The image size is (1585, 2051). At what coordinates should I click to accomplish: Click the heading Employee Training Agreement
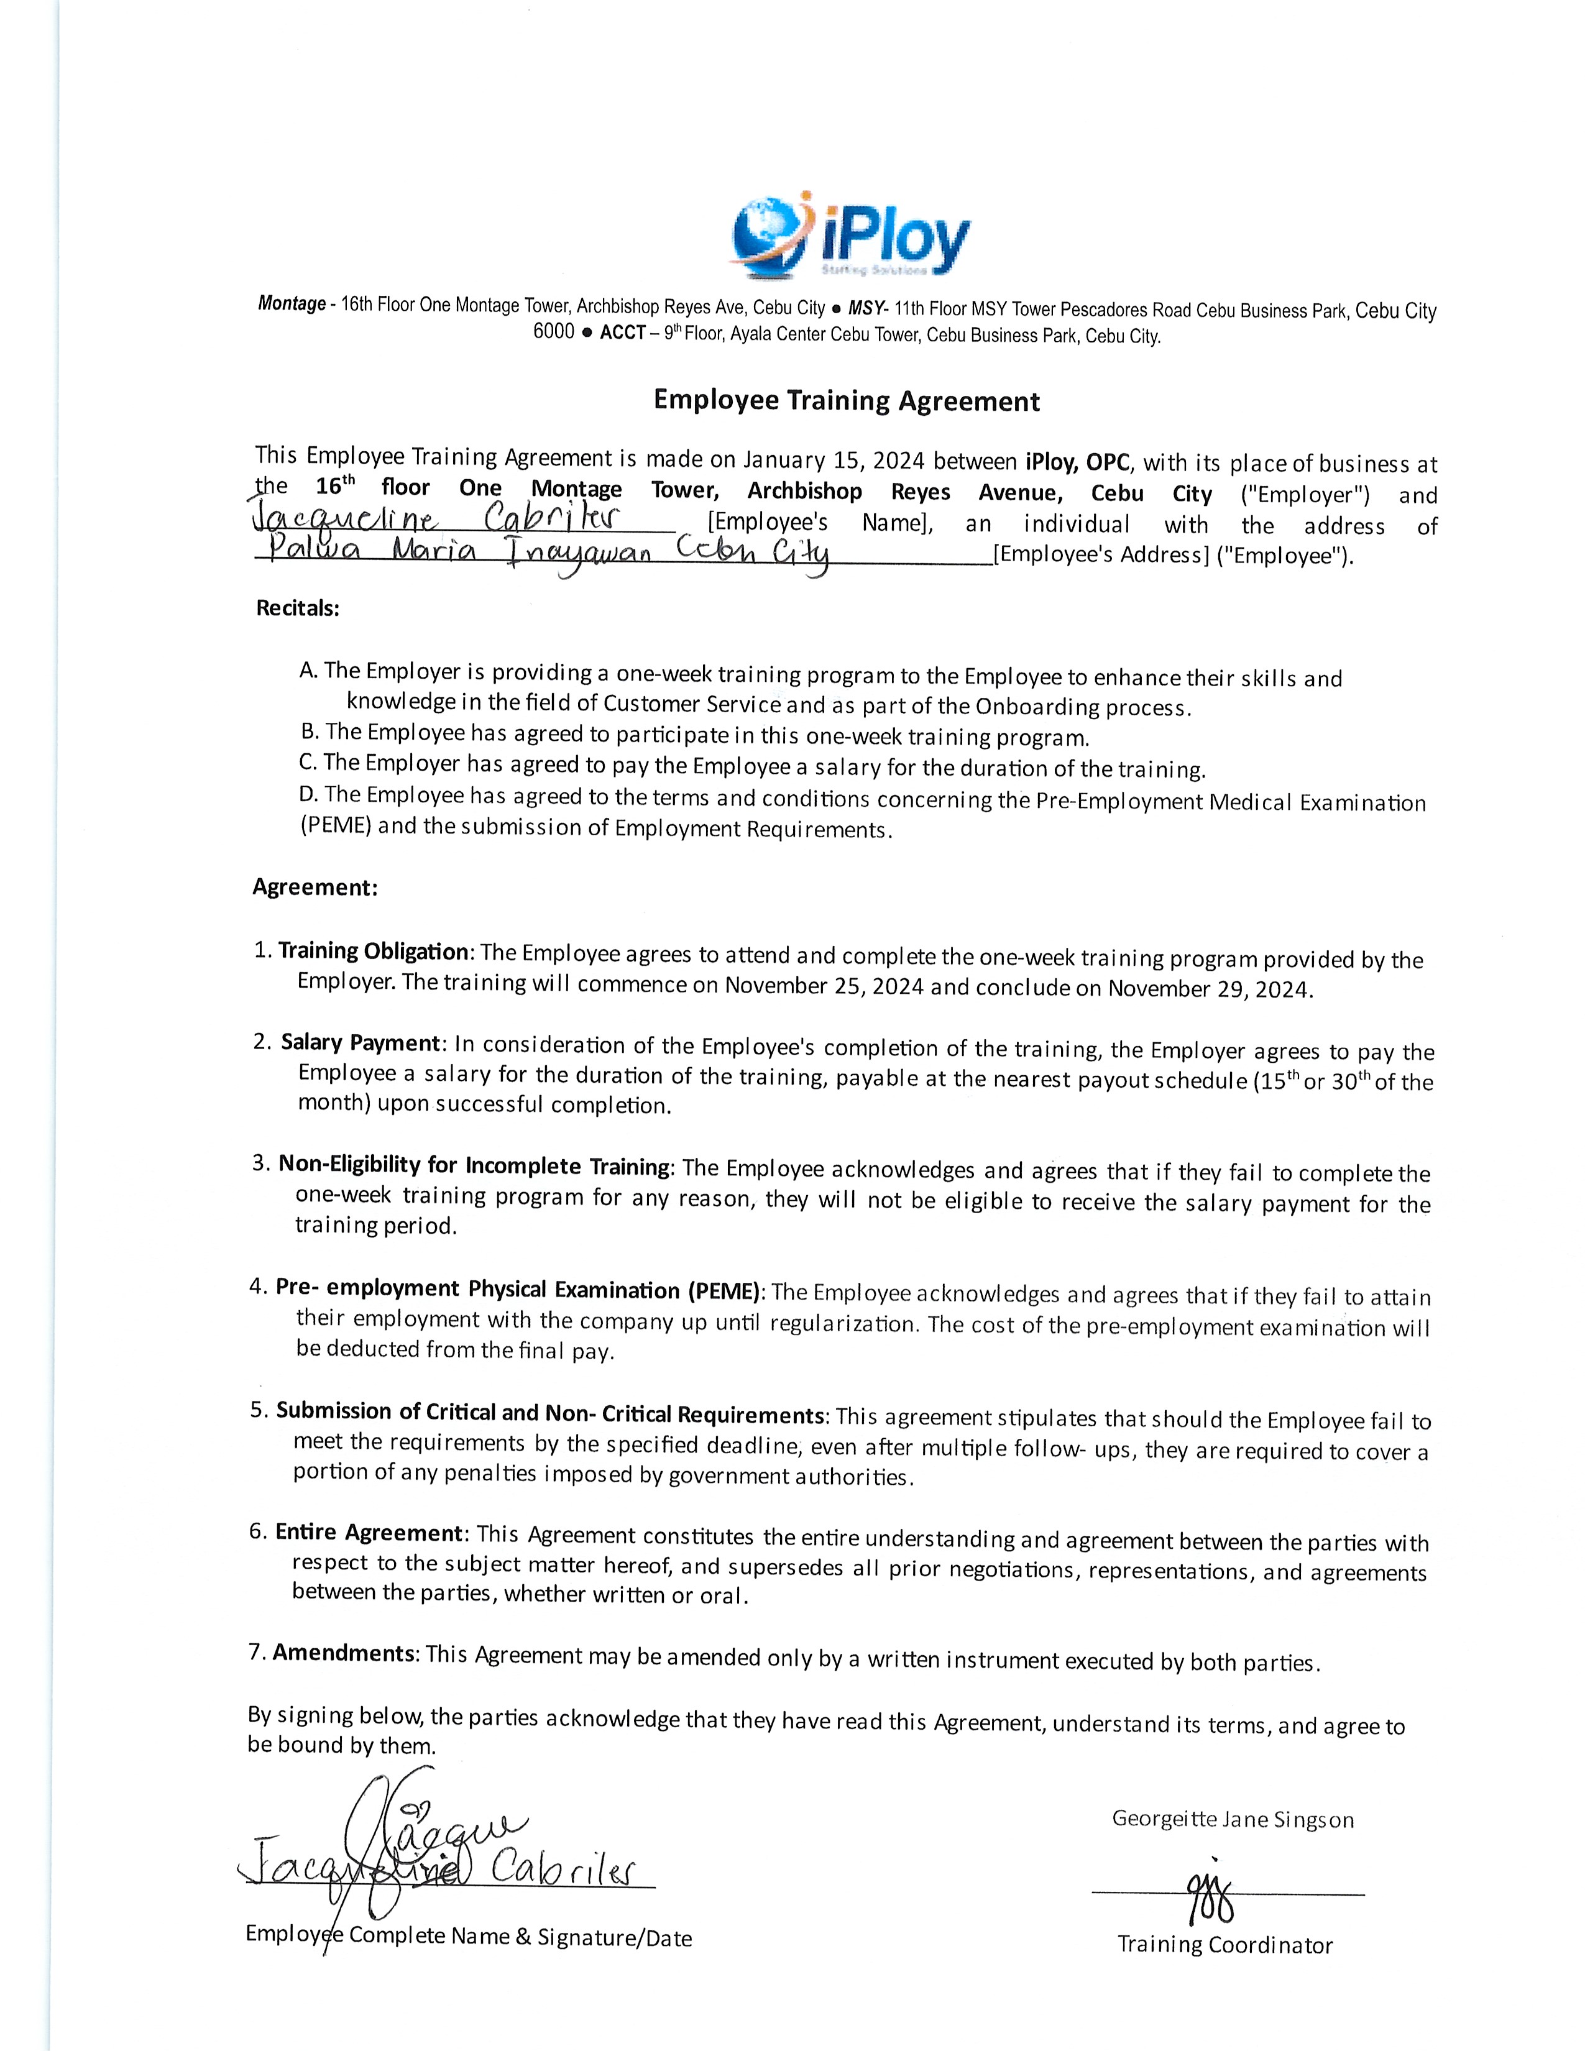point(846,401)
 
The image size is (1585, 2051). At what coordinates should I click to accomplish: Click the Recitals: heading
point(298,608)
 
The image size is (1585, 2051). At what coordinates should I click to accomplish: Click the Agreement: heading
point(315,888)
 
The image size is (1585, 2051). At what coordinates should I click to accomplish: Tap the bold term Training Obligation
point(373,952)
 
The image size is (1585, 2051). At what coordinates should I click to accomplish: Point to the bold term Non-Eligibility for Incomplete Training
point(473,1165)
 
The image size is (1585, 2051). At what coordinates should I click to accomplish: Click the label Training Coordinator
point(1224,1945)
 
